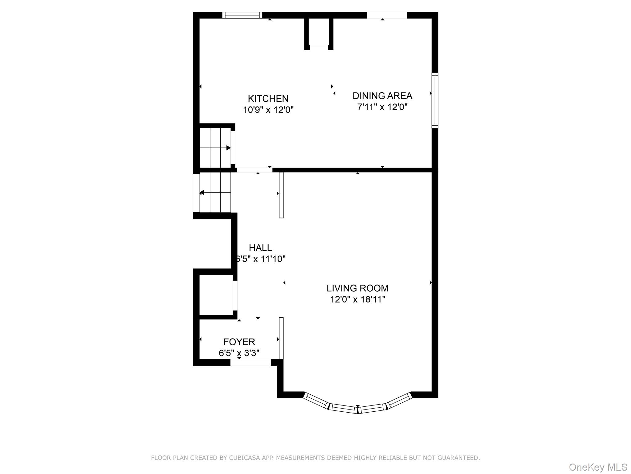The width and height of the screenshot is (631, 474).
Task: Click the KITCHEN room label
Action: pyautogui.click(x=268, y=99)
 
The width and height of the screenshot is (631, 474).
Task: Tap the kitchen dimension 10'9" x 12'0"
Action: pyautogui.click(x=268, y=110)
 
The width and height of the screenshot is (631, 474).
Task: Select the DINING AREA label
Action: pyautogui.click(x=382, y=96)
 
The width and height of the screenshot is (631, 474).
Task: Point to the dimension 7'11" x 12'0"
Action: pyautogui.click(x=382, y=107)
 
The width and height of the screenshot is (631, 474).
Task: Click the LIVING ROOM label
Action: pyautogui.click(x=357, y=288)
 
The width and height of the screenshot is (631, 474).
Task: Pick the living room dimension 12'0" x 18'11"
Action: pyautogui.click(x=357, y=299)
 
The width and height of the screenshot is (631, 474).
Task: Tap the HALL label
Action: pyautogui.click(x=260, y=248)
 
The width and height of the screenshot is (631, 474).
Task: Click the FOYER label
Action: pyautogui.click(x=239, y=342)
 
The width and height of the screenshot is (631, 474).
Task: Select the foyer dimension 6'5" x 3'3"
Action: pyautogui.click(x=239, y=353)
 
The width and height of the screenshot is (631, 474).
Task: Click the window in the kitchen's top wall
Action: pyautogui.click(x=242, y=15)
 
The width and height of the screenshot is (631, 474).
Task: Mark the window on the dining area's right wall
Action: pyautogui.click(x=435, y=100)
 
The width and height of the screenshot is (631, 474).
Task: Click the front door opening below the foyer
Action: pyautogui.click(x=250, y=363)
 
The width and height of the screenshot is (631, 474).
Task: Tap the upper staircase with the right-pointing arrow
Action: pyautogui.click(x=215, y=148)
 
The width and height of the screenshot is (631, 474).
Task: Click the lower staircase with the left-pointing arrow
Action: pyautogui.click(x=215, y=193)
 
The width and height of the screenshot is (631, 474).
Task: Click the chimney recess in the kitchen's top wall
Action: pyautogui.click(x=319, y=32)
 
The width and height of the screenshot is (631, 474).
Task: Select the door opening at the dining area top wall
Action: pyautogui.click(x=387, y=15)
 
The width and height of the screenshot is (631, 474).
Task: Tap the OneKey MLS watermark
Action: pyautogui.click(x=598, y=467)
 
